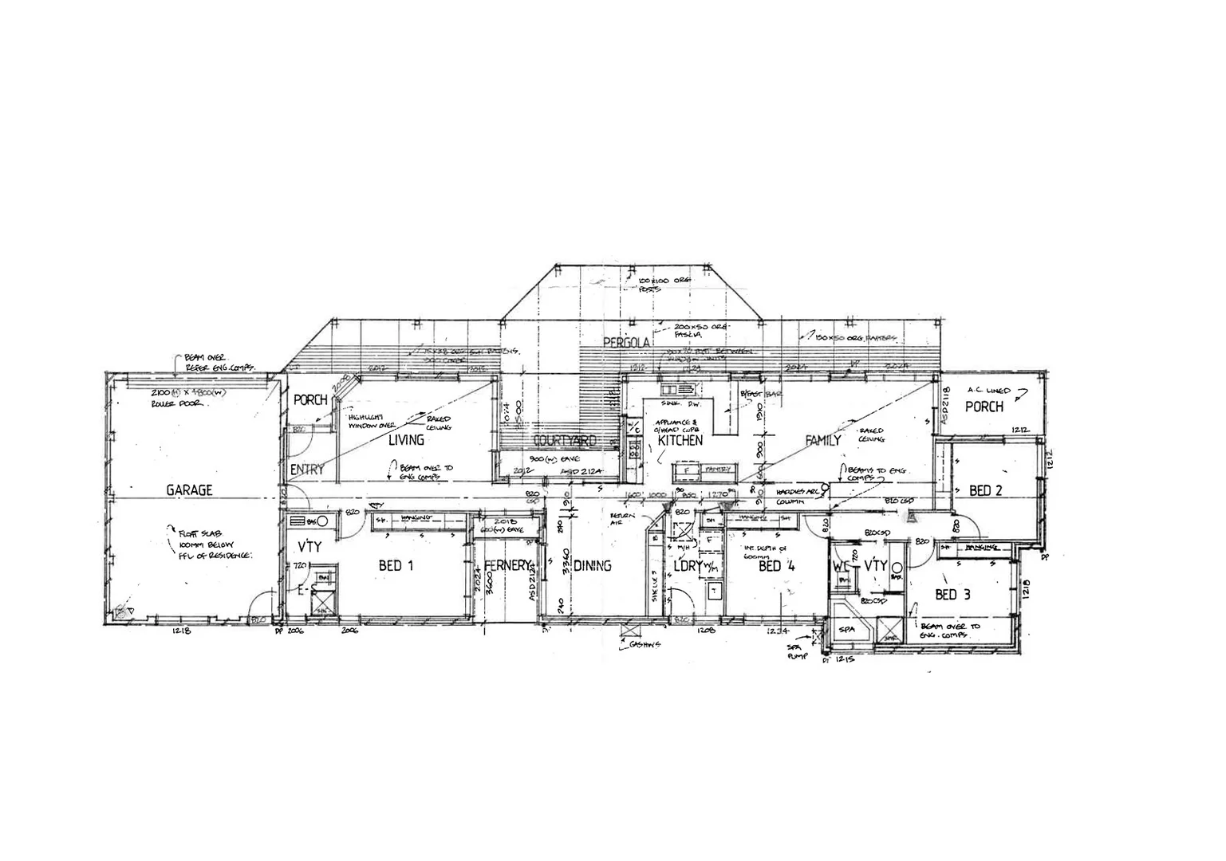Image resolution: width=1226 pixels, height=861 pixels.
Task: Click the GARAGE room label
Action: pyautogui.click(x=189, y=490)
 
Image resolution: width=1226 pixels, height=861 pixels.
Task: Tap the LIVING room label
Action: pyautogui.click(x=406, y=439)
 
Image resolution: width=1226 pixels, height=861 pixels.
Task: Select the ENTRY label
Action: pyautogui.click(x=306, y=470)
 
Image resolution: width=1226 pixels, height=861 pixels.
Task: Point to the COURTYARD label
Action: pyautogui.click(x=565, y=441)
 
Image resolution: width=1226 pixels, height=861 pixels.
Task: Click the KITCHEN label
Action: pyautogui.click(x=680, y=440)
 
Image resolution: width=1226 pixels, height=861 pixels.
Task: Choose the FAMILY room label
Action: pyautogui.click(x=823, y=440)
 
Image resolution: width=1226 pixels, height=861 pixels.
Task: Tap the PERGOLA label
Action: pyautogui.click(x=627, y=343)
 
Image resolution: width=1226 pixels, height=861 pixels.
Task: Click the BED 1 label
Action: pyautogui.click(x=395, y=566)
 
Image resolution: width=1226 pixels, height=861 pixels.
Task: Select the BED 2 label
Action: pyautogui.click(x=985, y=490)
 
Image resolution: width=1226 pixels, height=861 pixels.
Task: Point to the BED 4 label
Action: pyautogui.click(x=770, y=566)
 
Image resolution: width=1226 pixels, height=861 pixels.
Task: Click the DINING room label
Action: pyautogui.click(x=592, y=566)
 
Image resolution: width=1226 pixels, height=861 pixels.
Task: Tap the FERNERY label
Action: pyautogui.click(x=507, y=566)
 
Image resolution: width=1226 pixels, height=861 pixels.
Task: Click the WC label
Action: pyautogui.click(x=842, y=565)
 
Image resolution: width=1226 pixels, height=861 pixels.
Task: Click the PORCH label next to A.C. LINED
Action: pyautogui.click(x=984, y=407)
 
